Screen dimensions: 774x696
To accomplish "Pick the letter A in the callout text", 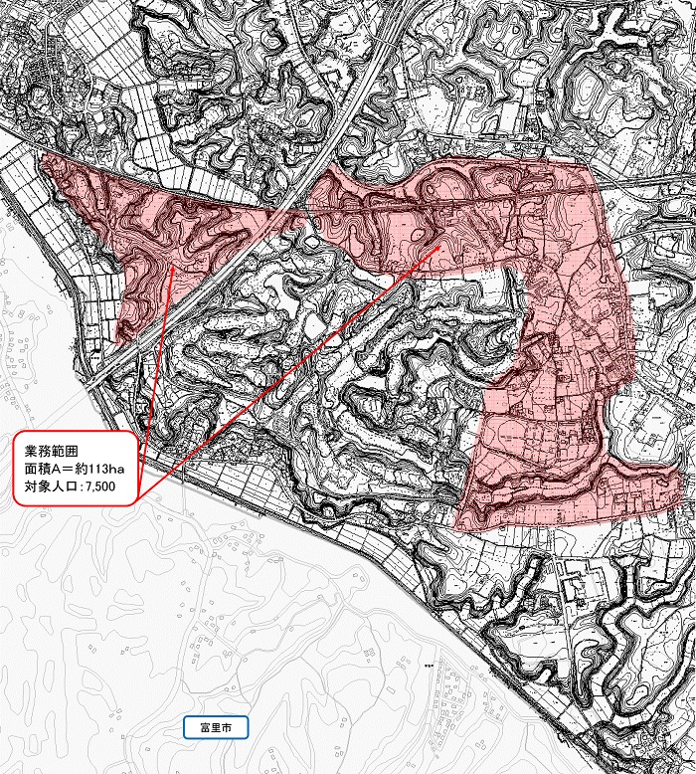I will tap(56, 468).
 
